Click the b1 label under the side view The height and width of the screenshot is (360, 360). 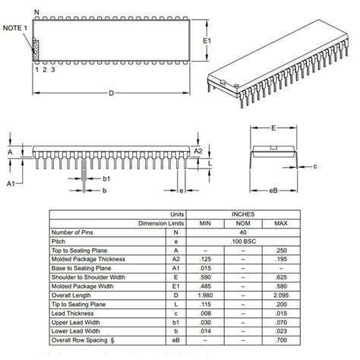(107, 178)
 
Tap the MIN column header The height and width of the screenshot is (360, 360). (205, 223)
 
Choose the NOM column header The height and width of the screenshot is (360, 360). (243, 223)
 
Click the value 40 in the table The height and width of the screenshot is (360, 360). (243, 232)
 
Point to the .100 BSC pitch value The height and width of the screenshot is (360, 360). (243, 242)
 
